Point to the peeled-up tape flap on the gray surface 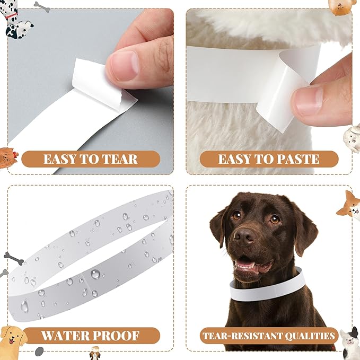click(x=90, y=80)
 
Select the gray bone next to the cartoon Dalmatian click(x=41, y=6)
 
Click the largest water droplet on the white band click(x=95, y=274)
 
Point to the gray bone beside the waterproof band click(x=14, y=259)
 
